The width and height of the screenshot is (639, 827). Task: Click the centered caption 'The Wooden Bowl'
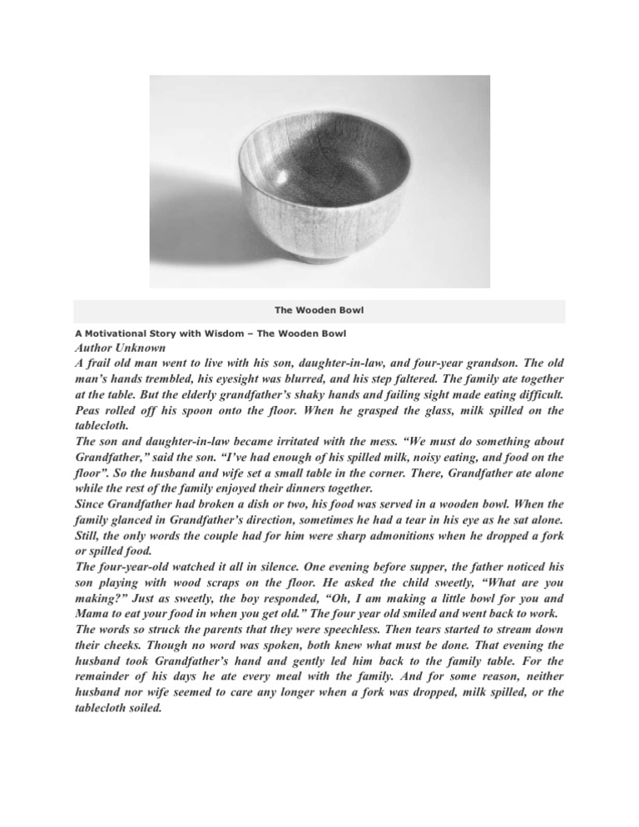coord(319,310)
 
